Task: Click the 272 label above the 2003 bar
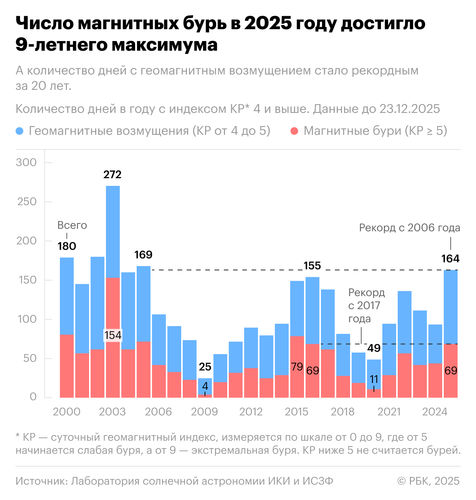tap(112, 175)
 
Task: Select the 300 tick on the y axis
tap(26, 162)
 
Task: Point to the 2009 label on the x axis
tap(205, 412)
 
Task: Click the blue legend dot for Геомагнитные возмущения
tap(20, 131)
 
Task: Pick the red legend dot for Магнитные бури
tap(294, 131)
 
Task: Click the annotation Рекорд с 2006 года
tap(410, 228)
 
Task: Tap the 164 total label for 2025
tap(450, 259)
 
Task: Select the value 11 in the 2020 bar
tap(374, 379)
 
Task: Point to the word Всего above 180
tap(72, 225)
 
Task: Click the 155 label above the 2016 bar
tap(312, 266)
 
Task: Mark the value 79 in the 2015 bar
tap(297, 367)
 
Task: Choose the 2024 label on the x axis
tap(435, 412)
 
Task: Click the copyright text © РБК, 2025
tap(428, 481)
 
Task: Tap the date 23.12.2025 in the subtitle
tap(410, 109)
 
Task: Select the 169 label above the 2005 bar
tap(144, 255)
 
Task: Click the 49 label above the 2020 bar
tap(374, 348)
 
